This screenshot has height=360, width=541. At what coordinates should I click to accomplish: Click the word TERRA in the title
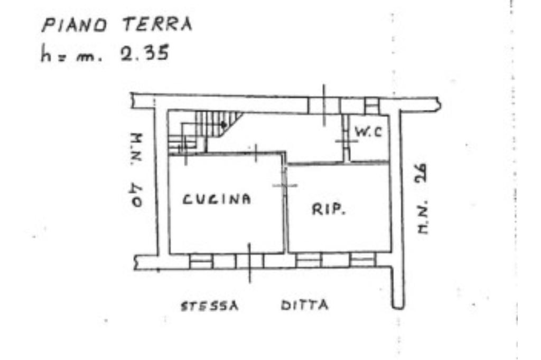click(x=157, y=24)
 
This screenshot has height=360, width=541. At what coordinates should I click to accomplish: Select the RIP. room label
click(x=328, y=210)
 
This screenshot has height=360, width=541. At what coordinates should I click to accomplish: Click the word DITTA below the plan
click(x=304, y=305)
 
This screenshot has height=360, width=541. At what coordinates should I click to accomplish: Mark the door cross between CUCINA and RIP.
click(x=285, y=185)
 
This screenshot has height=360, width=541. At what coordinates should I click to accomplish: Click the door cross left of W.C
click(x=346, y=141)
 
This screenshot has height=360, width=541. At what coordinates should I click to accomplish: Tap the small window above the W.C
click(x=371, y=105)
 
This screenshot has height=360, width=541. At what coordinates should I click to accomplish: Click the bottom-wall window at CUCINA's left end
click(x=201, y=261)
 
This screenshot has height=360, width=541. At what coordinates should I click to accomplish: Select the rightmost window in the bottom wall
click(x=362, y=260)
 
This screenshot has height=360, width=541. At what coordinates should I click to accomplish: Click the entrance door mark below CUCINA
click(x=249, y=261)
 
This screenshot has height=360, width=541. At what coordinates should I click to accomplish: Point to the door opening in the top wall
click(x=324, y=105)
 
